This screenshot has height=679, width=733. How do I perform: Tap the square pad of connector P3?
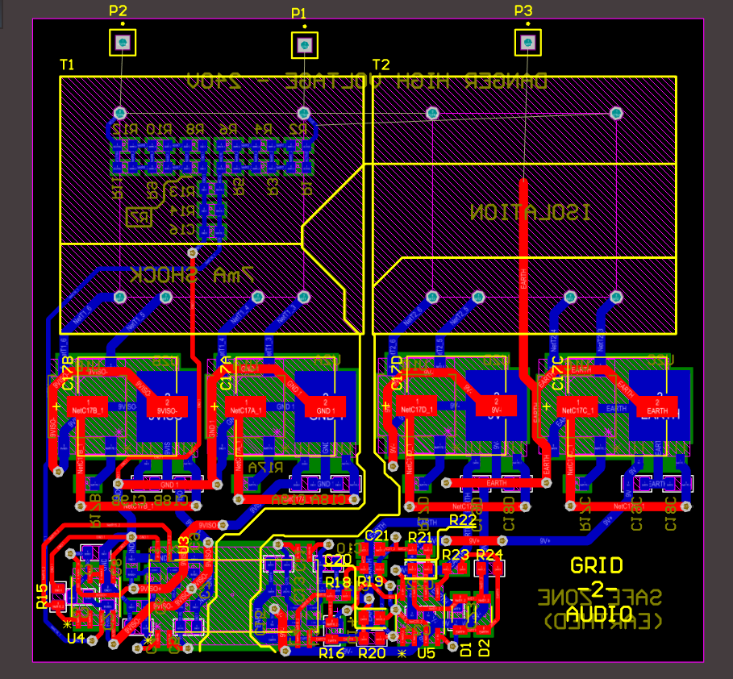(x=526, y=41)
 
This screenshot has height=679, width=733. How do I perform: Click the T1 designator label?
(x=67, y=64)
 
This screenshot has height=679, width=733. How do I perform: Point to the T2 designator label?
(x=381, y=65)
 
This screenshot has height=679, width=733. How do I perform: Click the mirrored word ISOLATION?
(x=531, y=213)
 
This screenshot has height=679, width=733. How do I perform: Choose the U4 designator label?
(x=76, y=639)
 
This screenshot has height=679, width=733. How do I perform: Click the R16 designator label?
(x=331, y=653)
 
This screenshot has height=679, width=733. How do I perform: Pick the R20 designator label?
(x=372, y=653)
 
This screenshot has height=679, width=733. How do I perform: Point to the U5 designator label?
(x=427, y=653)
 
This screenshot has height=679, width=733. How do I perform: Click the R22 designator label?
(x=463, y=520)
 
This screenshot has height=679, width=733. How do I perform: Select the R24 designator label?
(x=489, y=555)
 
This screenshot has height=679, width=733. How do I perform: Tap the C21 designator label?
(x=377, y=536)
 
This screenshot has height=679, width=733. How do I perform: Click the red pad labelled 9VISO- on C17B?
(x=166, y=405)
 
